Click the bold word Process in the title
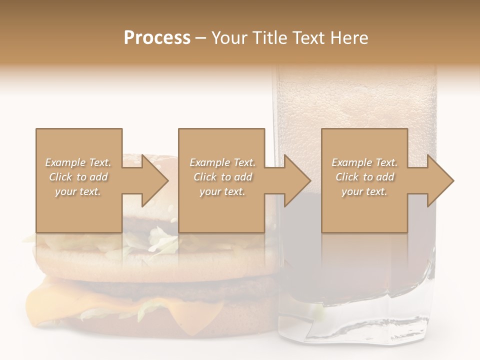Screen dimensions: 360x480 pos(157,38)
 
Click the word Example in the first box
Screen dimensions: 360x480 pos(65,162)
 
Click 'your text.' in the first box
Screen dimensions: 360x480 pos(78,191)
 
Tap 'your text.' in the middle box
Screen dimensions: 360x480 pos(222,191)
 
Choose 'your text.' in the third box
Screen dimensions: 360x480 pos(364,191)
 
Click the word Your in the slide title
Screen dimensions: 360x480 pos(228,38)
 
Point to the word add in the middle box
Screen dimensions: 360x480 pos(243,177)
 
